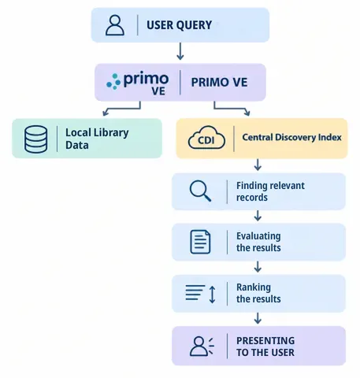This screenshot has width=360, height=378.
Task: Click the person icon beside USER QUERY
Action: pos(115,25)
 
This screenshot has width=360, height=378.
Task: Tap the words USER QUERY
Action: pos(179,25)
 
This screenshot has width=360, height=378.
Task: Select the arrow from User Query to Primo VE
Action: pos(180,51)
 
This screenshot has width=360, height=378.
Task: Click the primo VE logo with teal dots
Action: pos(138,83)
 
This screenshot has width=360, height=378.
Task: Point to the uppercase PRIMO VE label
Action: pos(219,83)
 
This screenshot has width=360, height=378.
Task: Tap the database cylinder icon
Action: pos(36,139)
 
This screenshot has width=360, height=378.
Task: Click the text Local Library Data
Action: pos(97,139)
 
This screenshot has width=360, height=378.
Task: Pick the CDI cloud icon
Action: pos(206,138)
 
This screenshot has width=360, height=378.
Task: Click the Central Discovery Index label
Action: pos(291,137)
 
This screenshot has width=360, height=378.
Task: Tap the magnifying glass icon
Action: pos(200,191)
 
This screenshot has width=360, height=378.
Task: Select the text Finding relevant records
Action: pos(270,191)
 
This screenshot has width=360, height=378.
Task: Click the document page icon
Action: pos(200,242)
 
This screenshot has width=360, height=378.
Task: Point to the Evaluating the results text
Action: pos(258,242)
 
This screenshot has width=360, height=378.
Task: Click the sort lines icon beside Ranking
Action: pos(201,294)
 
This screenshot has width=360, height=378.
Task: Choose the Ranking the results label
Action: pos(258,293)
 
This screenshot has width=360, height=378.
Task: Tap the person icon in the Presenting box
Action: pos(202,346)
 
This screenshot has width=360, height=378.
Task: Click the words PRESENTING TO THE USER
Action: pos(265,346)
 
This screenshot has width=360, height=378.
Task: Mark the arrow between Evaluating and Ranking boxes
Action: pos(258,267)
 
